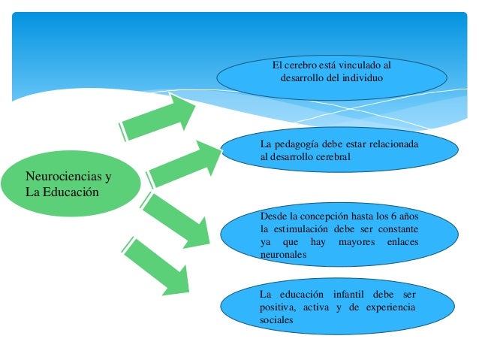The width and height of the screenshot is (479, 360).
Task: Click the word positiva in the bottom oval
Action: click(x=276, y=307)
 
